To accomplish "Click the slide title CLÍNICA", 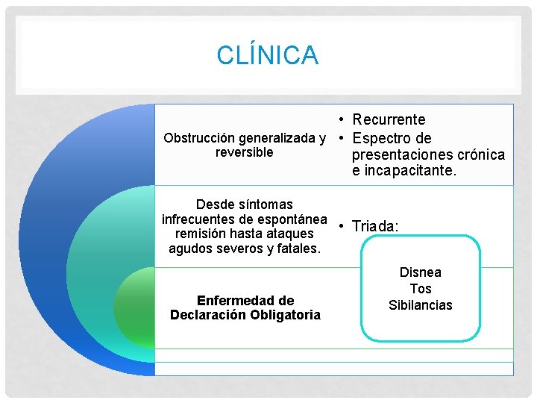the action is point(268,54).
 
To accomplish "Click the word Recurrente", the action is point(389,119).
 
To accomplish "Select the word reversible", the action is point(244,153).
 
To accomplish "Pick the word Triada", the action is point(374,226).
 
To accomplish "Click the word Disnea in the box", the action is point(421,272).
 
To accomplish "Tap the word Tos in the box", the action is point(421,289).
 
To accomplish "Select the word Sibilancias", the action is point(421,305).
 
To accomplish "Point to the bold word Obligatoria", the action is point(284,315).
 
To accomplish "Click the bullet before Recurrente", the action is point(339,119).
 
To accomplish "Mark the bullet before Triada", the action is point(339,226).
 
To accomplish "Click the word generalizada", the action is point(278,138).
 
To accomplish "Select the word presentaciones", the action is point(400,155).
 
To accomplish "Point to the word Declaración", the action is point(208,315).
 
